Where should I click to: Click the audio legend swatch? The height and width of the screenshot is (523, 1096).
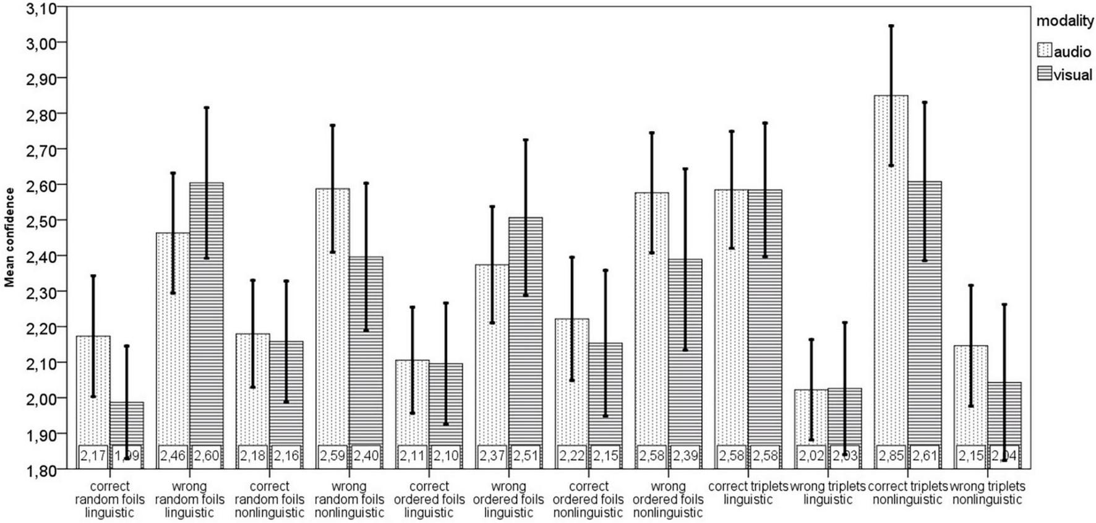click(x=1044, y=51)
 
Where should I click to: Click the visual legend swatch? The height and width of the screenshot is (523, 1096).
click(x=1044, y=74)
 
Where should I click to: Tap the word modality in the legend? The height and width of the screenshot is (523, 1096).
click(x=1064, y=21)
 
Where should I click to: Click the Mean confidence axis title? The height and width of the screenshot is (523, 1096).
click(x=9, y=238)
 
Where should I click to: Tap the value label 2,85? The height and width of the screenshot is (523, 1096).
click(x=891, y=457)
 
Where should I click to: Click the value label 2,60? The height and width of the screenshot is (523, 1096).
click(x=207, y=457)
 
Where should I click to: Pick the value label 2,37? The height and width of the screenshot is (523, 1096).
click(x=492, y=457)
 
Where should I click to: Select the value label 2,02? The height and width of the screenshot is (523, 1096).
click(x=811, y=457)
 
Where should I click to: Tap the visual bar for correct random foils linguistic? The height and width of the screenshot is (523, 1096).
click(x=127, y=427)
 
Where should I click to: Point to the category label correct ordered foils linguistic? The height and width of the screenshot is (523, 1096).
click(x=429, y=499)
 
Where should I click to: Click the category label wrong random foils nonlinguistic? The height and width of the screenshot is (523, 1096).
click(x=349, y=499)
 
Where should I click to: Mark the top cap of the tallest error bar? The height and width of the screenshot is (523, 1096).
click(x=891, y=26)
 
